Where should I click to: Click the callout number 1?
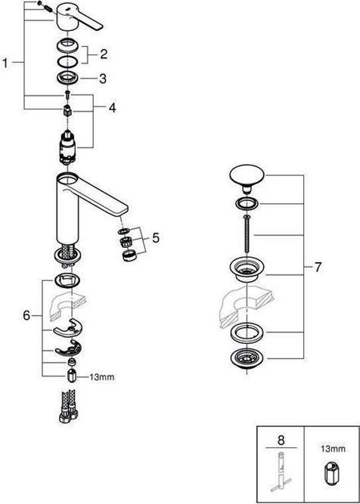click(5, 63)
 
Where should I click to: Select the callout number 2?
click(103, 54)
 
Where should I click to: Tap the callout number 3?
click(103, 79)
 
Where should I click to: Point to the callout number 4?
click(112, 108)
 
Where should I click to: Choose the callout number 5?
click(155, 238)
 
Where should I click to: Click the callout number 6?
click(26, 315)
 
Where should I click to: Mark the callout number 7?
click(318, 267)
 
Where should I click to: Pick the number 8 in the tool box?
click(281, 440)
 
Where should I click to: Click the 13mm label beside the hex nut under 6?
click(101, 377)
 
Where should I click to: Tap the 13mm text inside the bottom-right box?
click(332, 449)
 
